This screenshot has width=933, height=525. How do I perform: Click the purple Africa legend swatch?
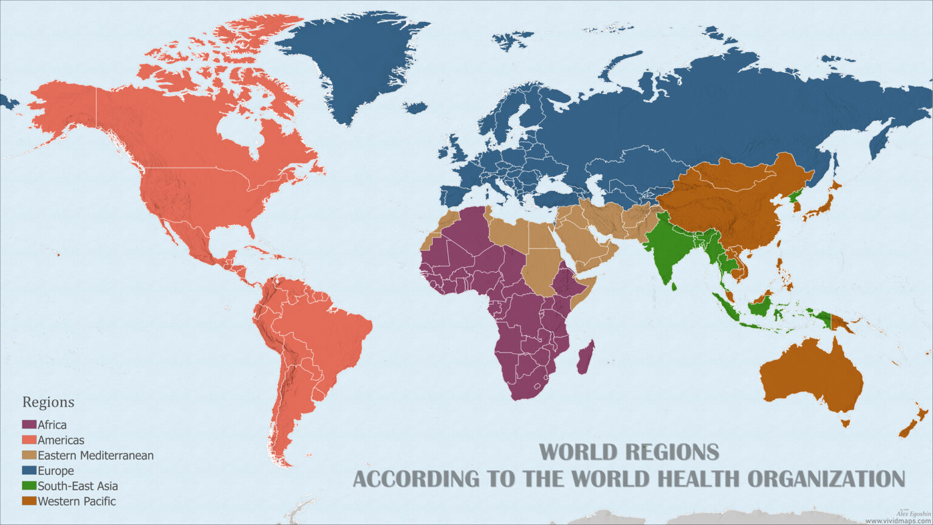point(29,425)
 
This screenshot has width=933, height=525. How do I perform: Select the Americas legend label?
point(61,440)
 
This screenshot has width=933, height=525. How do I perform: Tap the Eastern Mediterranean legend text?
point(95,455)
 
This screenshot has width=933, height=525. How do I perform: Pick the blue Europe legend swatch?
point(29,470)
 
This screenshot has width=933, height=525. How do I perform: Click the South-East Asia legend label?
point(78,486)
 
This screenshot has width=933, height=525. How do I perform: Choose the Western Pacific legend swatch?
point(29,501)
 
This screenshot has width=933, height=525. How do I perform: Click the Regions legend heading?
point(48,402)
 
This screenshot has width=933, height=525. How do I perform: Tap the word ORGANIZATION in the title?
point(826,478)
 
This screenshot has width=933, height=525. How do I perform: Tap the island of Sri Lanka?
point(673,284)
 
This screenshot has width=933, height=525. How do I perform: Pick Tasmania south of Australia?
point(844,422)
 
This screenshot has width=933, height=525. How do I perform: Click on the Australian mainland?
point(811,377)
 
